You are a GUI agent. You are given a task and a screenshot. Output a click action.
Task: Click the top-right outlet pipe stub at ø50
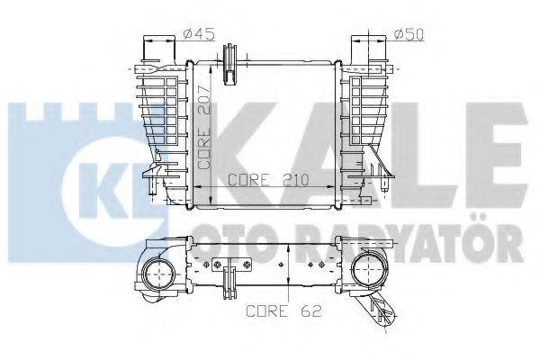click(x=370, y=49)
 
